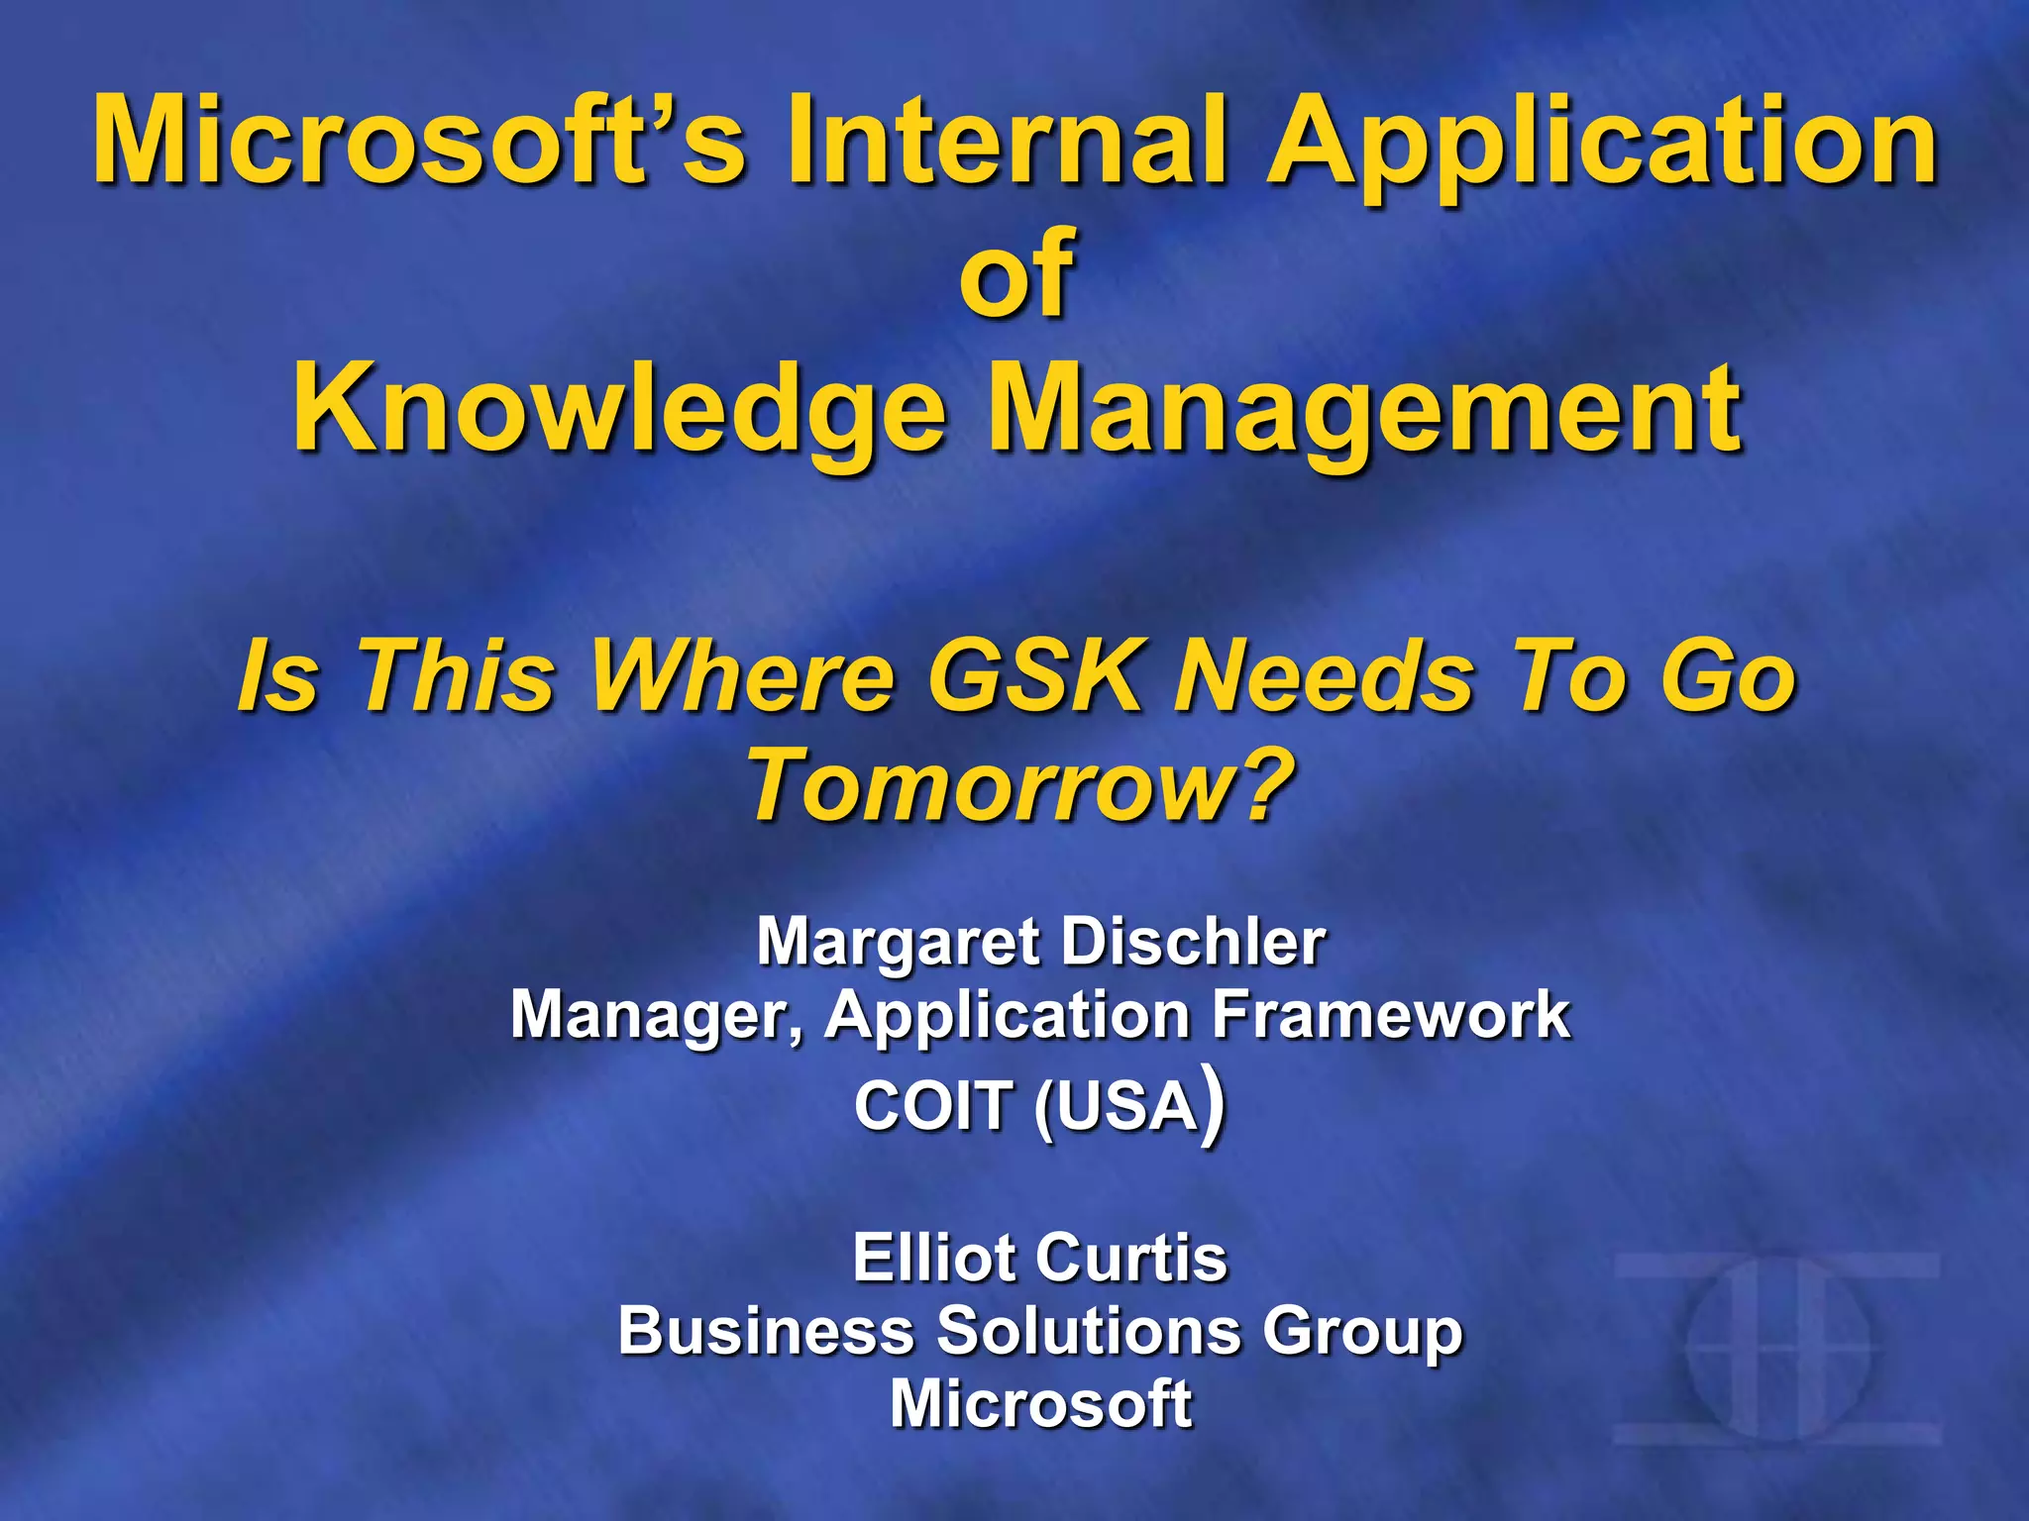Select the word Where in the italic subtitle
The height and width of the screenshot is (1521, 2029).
[743, 676]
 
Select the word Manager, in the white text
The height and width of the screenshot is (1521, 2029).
[658, 1017]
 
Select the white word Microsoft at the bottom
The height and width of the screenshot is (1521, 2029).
[1040, 1403]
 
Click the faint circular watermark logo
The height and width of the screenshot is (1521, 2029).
[1778, 1349]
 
